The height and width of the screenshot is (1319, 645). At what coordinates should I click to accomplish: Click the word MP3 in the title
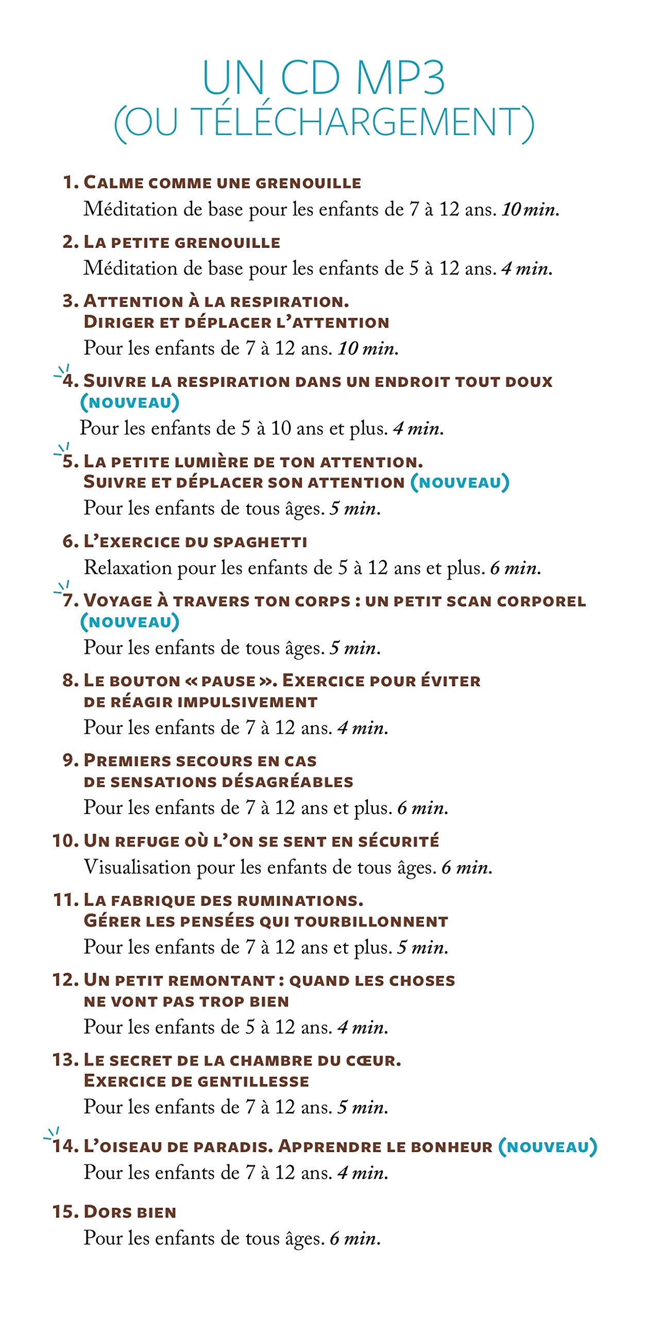[x=400, y=78]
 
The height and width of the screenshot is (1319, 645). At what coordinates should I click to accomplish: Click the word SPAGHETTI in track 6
[x=260, y=542]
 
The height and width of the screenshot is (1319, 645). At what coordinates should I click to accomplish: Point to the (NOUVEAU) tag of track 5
[x=460, y=482]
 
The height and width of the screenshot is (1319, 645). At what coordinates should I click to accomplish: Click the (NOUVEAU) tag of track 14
[x=548, y=1146]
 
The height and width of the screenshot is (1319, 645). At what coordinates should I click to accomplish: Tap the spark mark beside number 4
[x=62, y=372]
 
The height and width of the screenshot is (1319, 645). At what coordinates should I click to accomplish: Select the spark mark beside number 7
[x=62, y=588]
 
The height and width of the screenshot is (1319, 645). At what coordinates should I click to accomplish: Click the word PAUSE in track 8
[x=228, y=681]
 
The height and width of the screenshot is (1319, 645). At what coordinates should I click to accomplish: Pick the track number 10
[x=65, y=841]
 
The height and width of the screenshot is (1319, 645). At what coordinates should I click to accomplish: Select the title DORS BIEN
[x=130, y=1212]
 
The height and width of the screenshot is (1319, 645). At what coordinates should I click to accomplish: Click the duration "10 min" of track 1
[x=530, y=209]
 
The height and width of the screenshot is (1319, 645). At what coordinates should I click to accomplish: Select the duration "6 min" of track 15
[x=354, y=1238]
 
